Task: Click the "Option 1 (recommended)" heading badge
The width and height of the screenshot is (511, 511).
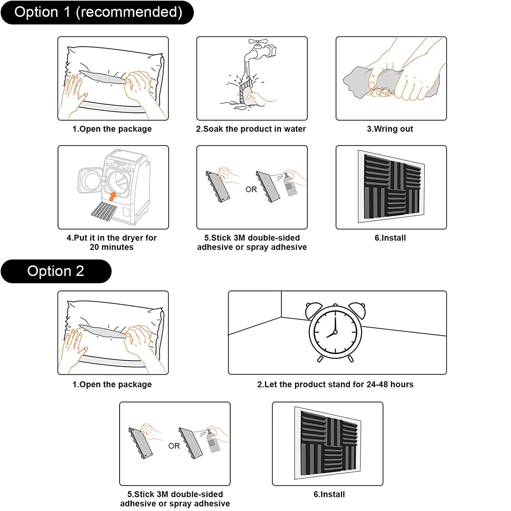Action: point(97,13)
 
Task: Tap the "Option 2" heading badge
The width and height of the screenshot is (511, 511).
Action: point(56,271)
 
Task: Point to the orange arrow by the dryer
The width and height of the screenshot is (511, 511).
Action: point(112,196)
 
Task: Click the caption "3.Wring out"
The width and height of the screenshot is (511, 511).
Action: point(390,129)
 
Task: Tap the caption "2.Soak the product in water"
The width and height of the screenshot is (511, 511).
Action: point(251,129)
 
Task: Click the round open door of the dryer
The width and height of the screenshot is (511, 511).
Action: point(89,181)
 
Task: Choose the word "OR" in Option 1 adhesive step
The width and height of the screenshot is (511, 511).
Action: point(251,189)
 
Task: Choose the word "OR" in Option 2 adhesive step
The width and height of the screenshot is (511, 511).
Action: point(174,446)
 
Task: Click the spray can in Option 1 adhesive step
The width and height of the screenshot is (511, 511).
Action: point(290,186)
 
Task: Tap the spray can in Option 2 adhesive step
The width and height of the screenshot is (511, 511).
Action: point(213,442)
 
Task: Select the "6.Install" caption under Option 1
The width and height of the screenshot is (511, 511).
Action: point(390,238)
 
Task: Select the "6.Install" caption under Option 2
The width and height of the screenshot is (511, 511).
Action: point(329,495)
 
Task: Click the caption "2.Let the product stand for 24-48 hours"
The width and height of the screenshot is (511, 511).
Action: point(336,385)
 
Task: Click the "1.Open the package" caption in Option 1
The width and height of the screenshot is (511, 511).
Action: point(112,129)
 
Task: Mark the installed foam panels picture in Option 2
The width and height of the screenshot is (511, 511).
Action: point(328,443)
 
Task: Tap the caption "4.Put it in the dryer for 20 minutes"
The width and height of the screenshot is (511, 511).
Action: point(112,243)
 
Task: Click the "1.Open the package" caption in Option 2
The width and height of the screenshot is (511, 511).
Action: point(112,385)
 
